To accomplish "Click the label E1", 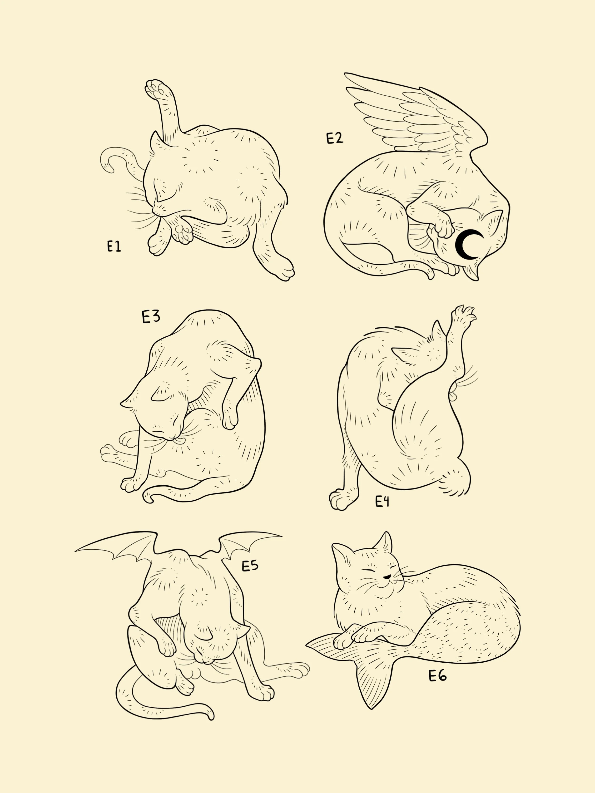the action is point(114,247).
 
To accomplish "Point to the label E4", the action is point(382,502).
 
